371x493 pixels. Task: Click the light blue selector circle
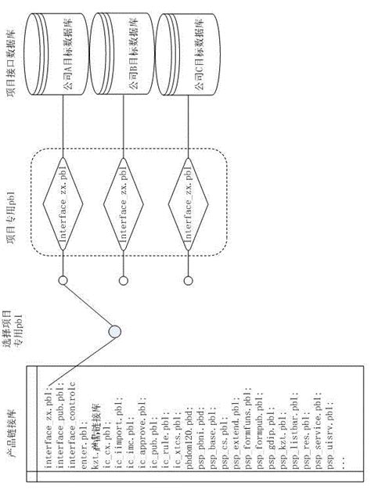(115, 332)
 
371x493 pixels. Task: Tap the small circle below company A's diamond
(62, 281)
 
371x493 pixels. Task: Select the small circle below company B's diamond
(123, 281)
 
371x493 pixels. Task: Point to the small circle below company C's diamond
(189, 281)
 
